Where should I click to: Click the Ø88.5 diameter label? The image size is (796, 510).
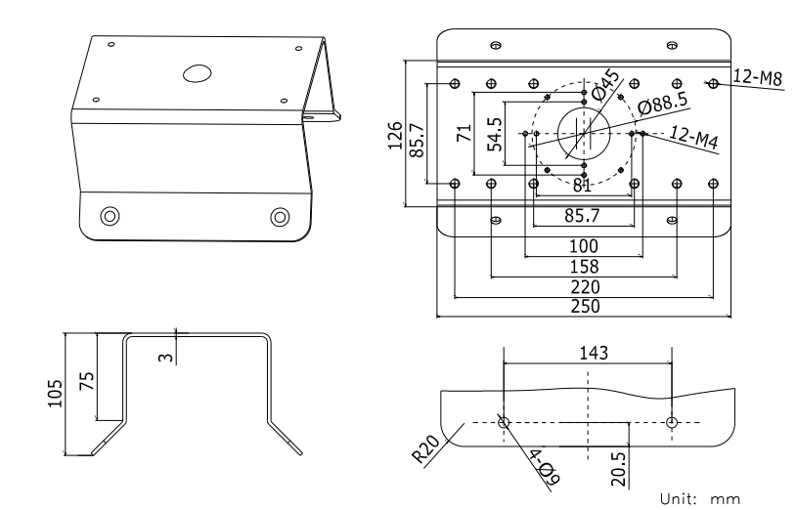[661, 103]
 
